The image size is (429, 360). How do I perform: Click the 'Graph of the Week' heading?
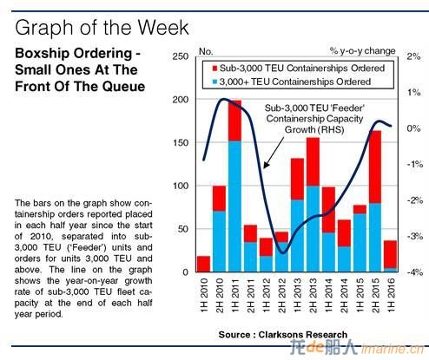(x=102, y=28)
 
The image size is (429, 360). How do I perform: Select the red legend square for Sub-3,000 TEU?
(x=214, y=69)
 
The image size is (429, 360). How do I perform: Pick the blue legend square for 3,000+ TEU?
(x=214, y=82)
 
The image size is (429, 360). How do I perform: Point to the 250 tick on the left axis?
(x=181, y=56)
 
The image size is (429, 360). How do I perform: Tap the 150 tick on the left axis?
(x=181, y=142)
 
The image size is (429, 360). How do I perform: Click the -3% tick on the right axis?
(x=415, y=237)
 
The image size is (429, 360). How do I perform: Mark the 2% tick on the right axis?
(x=414, y=56)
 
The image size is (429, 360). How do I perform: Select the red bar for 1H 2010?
(x=203, y=264)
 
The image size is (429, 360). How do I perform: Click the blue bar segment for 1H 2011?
(x=234, y=206)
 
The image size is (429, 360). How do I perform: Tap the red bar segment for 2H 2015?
(x=375, y=167)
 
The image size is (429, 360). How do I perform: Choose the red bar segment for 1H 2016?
(x=391, y=254)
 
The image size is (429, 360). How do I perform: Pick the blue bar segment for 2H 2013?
(x=313, y=229)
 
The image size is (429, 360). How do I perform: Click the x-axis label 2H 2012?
(x=281, y=296)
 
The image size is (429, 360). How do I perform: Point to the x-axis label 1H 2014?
(x=328, y=296)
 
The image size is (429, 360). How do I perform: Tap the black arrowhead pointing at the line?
(x=266, y=165)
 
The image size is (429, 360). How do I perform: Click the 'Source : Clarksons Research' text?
(x=283, y=335)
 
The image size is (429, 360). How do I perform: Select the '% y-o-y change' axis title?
(x=362, y=51)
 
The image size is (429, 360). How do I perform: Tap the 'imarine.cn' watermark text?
(x=393, y=350)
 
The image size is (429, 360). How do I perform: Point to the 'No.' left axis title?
(x=206, y=51)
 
